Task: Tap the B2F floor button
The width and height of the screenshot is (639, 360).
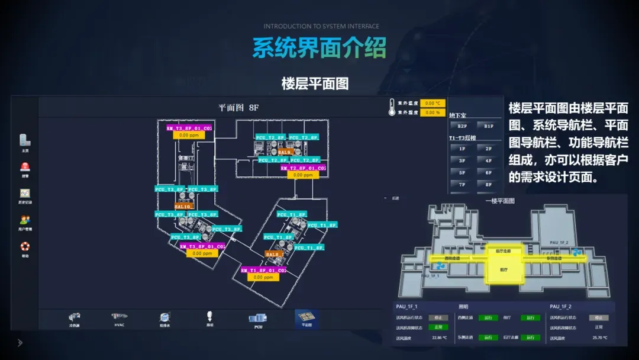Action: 462,126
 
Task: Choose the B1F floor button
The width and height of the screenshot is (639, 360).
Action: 489,126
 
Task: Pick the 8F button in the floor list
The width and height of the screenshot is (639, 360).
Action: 489,184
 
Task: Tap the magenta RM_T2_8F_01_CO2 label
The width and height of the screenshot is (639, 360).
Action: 303,168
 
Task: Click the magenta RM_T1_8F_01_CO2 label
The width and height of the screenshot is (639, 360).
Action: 263,270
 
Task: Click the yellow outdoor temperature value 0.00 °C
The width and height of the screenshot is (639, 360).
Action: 433,103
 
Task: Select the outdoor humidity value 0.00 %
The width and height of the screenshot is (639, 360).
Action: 433,112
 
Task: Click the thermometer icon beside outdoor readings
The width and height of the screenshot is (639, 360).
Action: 392,107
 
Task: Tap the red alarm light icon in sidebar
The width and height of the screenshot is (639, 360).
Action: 25,167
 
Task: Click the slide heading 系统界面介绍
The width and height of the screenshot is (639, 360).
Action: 319,47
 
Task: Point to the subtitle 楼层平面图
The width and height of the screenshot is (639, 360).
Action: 315,83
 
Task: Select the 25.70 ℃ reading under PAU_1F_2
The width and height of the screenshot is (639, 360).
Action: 599,337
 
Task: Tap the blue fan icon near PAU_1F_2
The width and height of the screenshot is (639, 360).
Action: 577,252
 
